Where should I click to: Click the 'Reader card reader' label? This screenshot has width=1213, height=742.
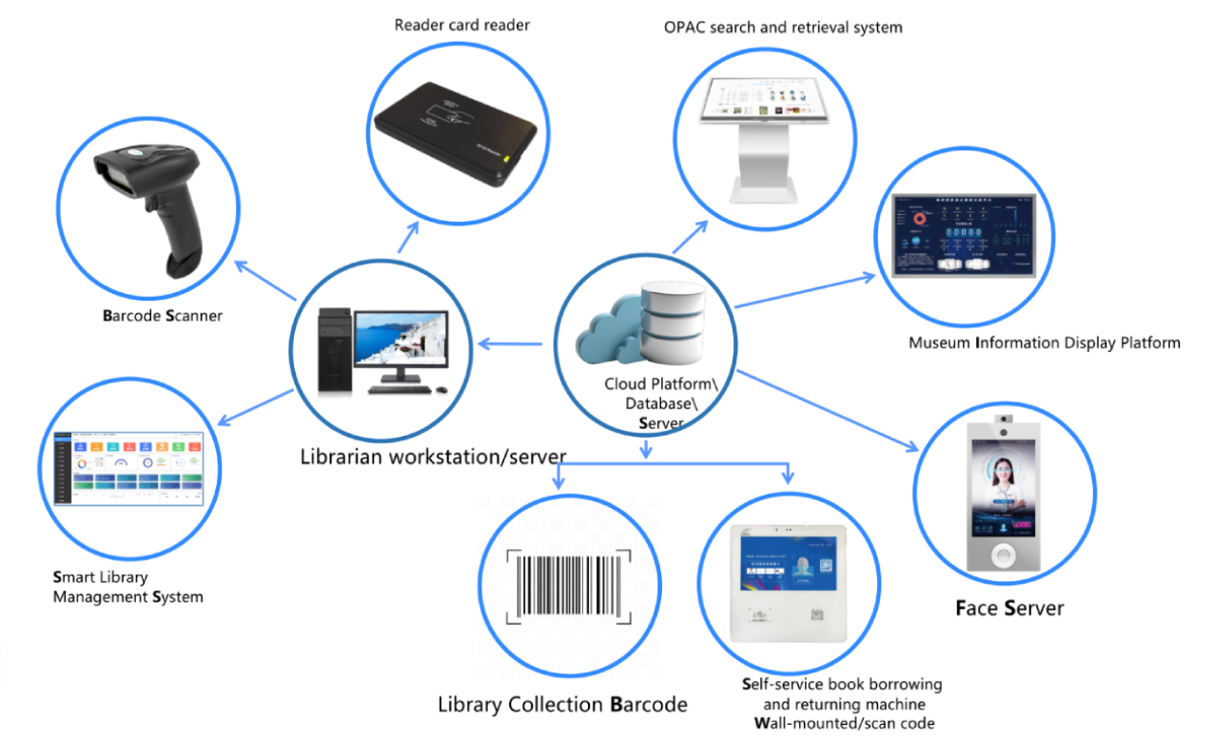[x=461, y=26]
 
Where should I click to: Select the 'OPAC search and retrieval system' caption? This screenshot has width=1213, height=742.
[x=782, y=28]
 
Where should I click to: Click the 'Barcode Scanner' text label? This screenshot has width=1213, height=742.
[x=162, y=315]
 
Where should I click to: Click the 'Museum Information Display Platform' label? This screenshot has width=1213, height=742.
[x=1044, y=342]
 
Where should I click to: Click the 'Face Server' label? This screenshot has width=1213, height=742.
[x=1008, y=608]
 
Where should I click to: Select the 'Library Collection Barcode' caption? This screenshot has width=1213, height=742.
[x=562, y=705]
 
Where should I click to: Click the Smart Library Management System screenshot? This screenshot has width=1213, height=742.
[x=128, y=468]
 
